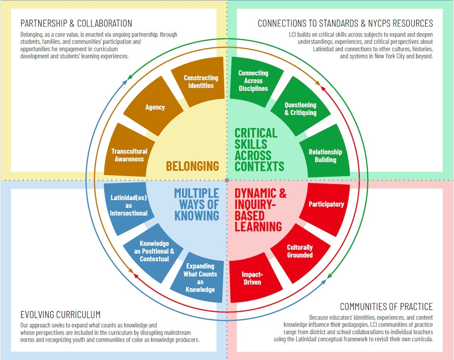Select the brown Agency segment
click(x=155, y=108)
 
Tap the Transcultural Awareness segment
click(x=129, y=155)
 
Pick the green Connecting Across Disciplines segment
click(x=253, y=81)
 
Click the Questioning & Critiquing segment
click(x=300, y=109)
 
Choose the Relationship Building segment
click(x=325, y=156)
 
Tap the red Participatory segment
click(x=326, y=204)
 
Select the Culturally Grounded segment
click(x=300, y=251)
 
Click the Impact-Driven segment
click(x=252, y=278)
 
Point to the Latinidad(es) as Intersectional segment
click(x=129, y=205)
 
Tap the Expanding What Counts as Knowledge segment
click(x=200, y=278)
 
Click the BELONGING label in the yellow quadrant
click(x=192, y=166)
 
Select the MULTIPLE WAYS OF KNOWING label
click(x=196, y=204)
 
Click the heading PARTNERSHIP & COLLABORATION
click(x=76, y=23)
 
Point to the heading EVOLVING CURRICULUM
click(x=61, y=315)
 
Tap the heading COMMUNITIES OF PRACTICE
click(x=386, y=306)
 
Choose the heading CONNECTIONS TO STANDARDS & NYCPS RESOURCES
click(x=345, y=23)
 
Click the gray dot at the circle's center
click(x=227, y=180)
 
